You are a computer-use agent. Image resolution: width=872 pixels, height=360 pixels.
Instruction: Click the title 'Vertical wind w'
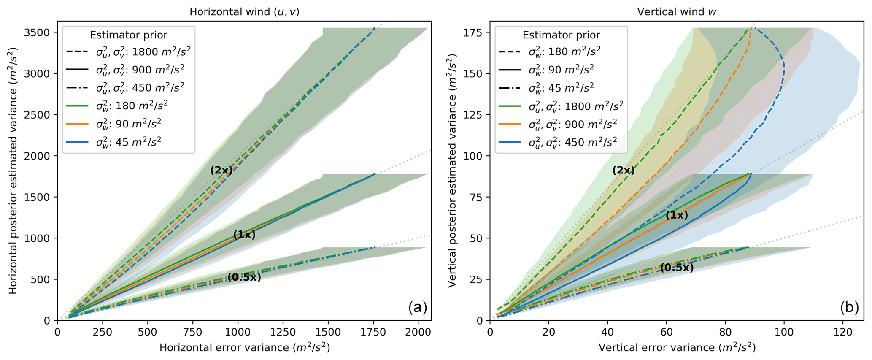(x=677, y=12)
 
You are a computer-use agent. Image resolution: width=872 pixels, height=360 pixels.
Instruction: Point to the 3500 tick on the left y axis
(x=40, y=33)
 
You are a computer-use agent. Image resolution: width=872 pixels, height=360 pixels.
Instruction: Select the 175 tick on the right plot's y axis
(x=478, y=33)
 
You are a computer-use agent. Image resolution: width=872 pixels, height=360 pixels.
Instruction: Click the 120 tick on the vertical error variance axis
(x=842, y=332)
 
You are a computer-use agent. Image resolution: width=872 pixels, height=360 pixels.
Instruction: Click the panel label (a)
(x=418, y=308)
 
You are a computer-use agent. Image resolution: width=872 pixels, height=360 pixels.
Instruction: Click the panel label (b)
(x=849, y=308)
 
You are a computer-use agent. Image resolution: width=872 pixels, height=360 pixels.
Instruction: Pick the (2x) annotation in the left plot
(x=221, y=171)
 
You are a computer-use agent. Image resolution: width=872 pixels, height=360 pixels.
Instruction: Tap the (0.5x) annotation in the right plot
(x=677, y=267)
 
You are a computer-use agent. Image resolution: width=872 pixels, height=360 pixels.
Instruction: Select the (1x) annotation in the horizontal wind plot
(x=244, y=235)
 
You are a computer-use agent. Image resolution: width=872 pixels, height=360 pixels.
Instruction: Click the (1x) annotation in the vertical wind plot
(x=677, y=215)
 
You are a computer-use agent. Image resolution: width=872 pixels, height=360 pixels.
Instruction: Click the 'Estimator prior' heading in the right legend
(x=561, y=35)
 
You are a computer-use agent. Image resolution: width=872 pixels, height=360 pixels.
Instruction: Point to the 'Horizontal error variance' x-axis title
(x=244, y=348)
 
